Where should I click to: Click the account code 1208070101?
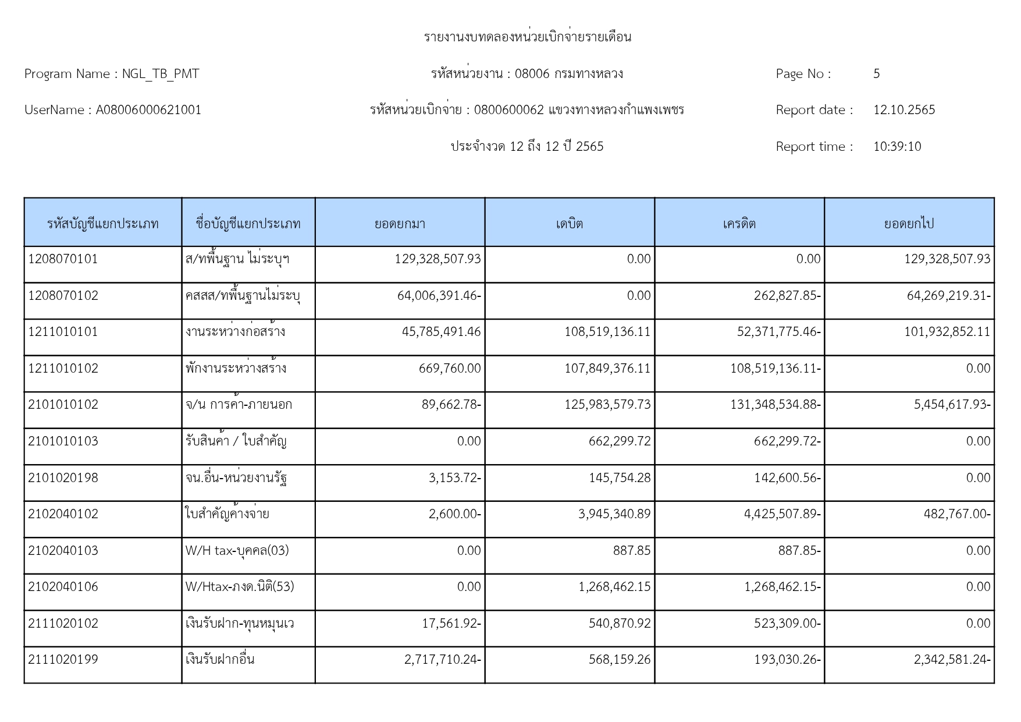[63, 259]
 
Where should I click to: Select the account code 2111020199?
[63, 660]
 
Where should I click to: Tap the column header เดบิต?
[569, 224]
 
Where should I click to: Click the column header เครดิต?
[739, 224]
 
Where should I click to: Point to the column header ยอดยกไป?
[909, 224]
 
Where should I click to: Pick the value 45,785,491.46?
[441, 332]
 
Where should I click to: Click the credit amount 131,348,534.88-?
[775, 405]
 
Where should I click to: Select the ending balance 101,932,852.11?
[947, 332]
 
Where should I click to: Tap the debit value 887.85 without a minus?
[631, 551]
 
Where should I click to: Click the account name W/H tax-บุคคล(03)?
[237, 551]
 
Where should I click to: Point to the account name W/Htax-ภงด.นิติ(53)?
[240, 587]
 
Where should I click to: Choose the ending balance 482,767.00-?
[956, 514]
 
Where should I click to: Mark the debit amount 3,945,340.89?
[614, 514]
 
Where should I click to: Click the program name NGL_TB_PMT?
[161, 74]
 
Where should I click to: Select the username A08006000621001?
[148, 110]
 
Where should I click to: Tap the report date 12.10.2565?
[903, 110]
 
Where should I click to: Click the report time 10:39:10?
[897, 147]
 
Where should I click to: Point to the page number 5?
[876, 74]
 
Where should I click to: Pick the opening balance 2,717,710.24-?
[442, 660]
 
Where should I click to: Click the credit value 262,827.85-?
[787, 296]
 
